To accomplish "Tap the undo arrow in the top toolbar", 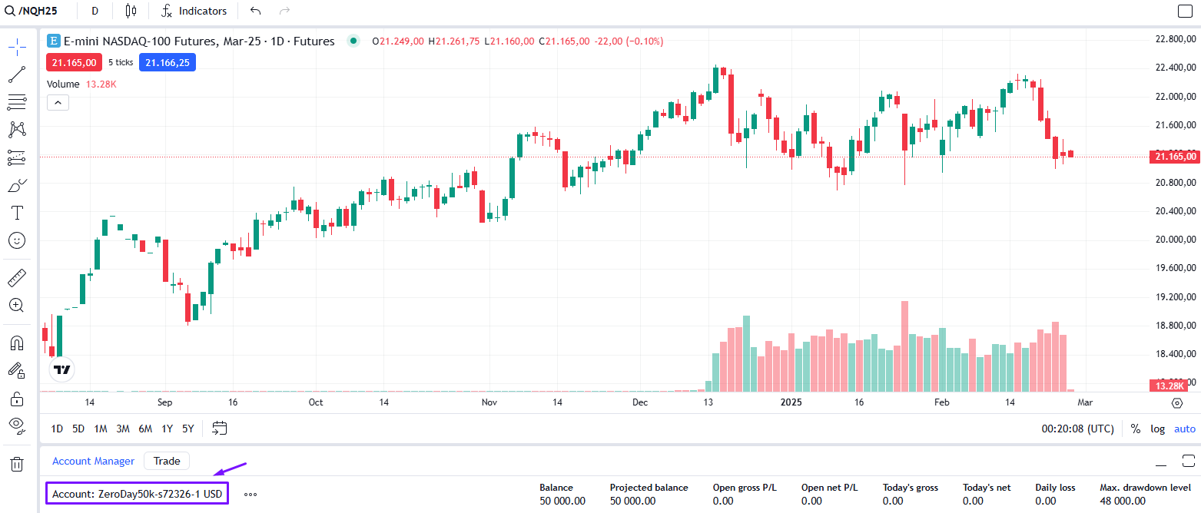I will point(256,11).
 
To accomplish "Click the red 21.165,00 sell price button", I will point(74,62).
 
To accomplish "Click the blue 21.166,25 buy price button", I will point(168,62).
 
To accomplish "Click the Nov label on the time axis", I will point(489,402).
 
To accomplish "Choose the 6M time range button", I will point(145,429).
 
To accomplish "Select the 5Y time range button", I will point(188,429).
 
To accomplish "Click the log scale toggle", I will point(1157,429).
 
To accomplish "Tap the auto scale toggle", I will point(1185,429).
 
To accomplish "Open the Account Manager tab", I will point(93,461).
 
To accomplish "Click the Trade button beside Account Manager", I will point(167,461).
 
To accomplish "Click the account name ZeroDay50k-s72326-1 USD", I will point(138,494).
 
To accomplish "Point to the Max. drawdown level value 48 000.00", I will point(1123,501).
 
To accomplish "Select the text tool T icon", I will point(16,212).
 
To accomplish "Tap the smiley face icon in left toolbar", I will point(16,240).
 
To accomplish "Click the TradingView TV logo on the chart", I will point(61,369).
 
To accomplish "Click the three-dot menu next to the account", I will point(250,495).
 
